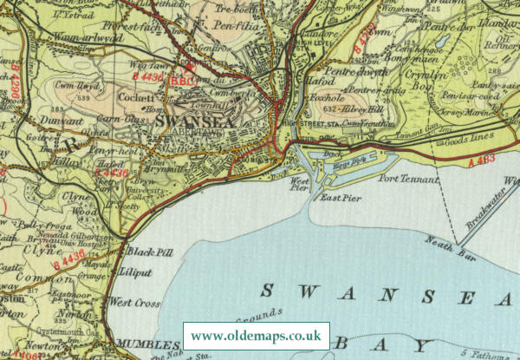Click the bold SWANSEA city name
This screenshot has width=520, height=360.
click(197, 123)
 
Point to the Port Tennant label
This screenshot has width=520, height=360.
click(410, 179)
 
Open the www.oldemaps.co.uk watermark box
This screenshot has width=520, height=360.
click(256, 335)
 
